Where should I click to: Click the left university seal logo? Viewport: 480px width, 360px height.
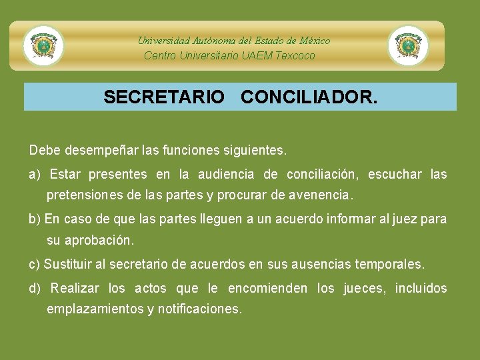(x=43, y=45)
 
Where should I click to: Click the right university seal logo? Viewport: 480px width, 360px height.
(x=408, y=45)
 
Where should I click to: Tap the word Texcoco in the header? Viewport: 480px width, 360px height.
(x=295, y=56)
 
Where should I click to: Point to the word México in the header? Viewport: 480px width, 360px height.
(x=315, y=41)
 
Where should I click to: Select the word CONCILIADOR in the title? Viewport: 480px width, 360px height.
(x=307, y=97)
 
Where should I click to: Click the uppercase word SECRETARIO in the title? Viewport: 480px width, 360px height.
(x=164, y=97)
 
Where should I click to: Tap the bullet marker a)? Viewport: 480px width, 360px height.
(x=35, y=175)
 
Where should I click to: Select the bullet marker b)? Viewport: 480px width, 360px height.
(x=35, y=219)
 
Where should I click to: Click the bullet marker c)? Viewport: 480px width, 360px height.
(x=35, y=265)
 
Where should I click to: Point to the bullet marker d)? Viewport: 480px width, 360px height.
(x=35, y=289)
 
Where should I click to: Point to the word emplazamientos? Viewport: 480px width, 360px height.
(x=95, y=309)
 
